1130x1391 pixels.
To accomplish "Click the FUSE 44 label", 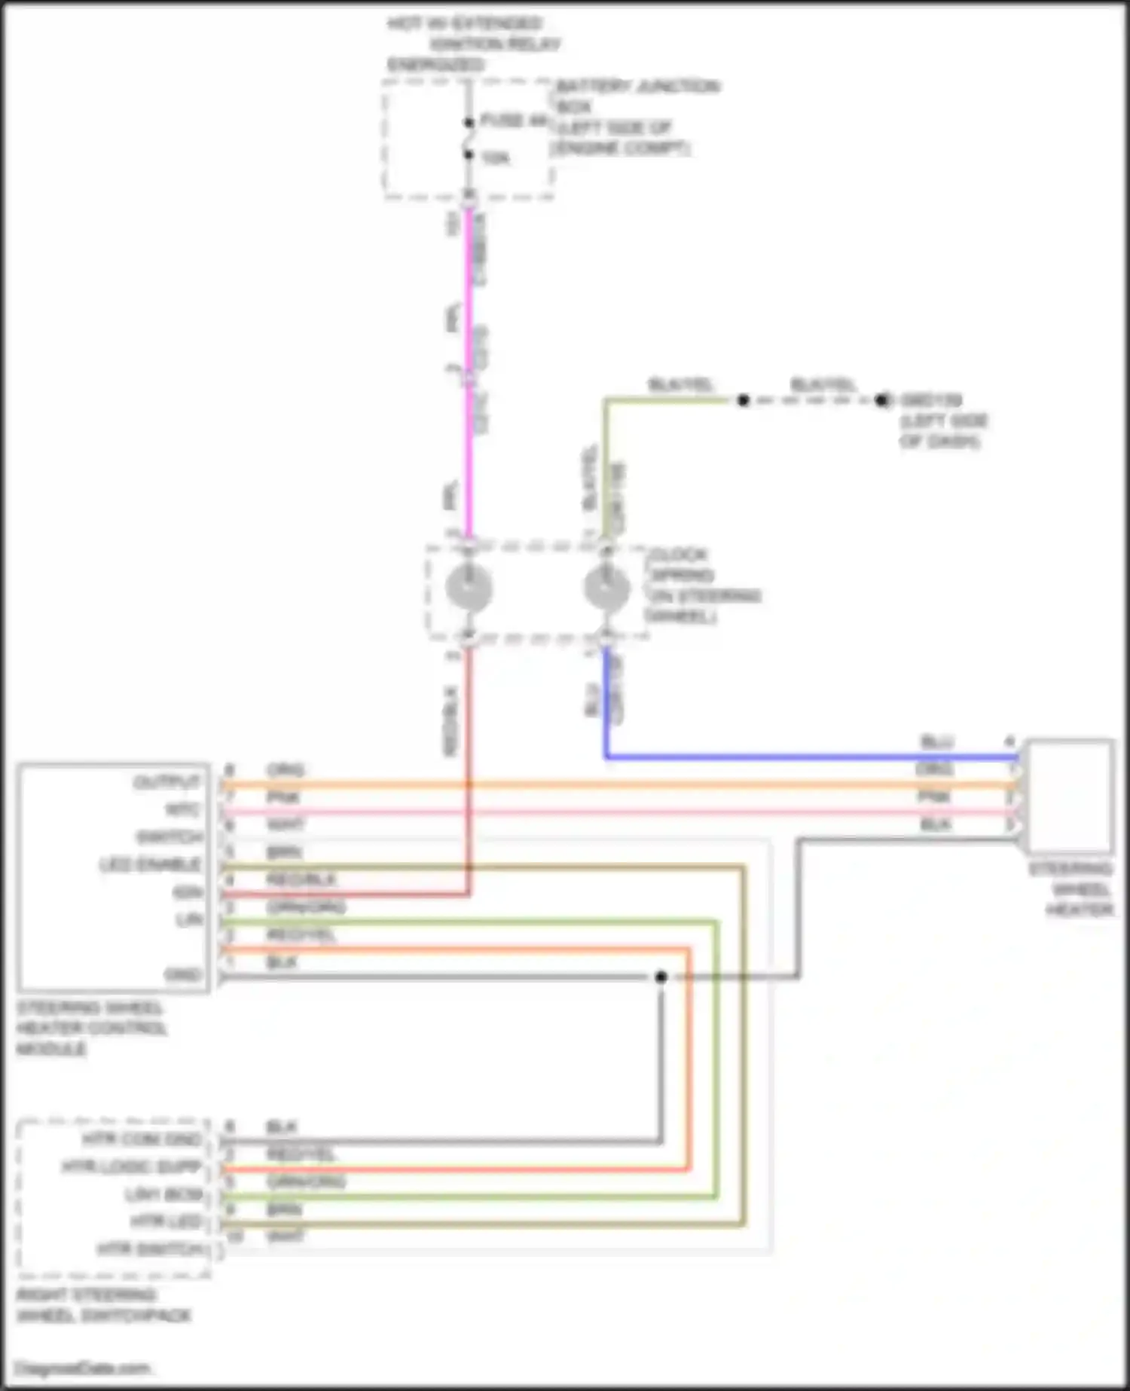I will pos(513,121).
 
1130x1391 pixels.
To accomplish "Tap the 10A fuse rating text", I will pos(495,158).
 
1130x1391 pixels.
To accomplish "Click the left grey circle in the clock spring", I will pos(469,587).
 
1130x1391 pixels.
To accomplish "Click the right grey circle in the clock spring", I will pos(606,587).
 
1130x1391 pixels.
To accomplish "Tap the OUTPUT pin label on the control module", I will pos(166,782).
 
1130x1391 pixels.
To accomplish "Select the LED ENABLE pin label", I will pos(151,864).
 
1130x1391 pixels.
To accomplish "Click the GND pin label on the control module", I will pos(183,975).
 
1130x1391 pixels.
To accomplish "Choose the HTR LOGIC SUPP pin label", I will pos(133,1167).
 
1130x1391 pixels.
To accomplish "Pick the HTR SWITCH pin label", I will pos(151,1249).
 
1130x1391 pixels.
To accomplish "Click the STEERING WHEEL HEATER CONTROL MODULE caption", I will pos(90,1029).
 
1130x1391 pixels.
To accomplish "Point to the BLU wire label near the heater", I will pos(936,742).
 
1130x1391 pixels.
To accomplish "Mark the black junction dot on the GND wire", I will pos(661,977).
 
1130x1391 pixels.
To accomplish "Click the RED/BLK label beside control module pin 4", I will pos(301,879).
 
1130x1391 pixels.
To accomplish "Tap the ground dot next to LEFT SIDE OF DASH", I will pos(882,400).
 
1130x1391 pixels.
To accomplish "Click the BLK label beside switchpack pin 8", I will pos(282,1127).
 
